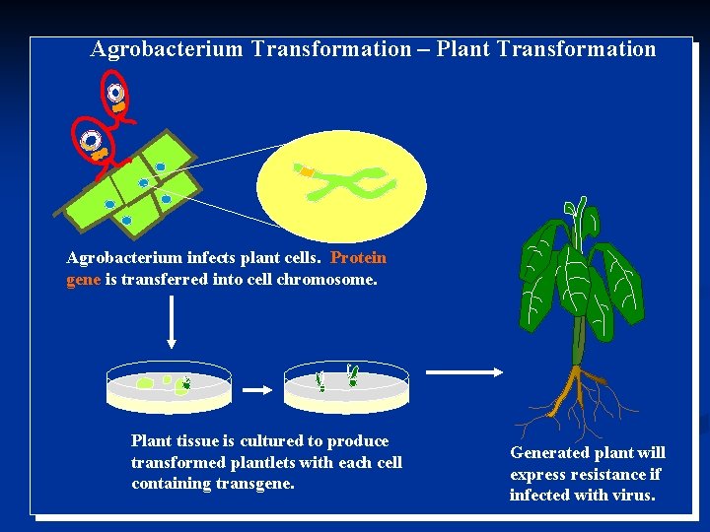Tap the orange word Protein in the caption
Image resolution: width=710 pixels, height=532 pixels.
click(358, 258)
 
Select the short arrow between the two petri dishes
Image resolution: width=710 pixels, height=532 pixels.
click(256, 390)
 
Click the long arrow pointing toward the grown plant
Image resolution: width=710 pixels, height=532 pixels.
click(464, 372)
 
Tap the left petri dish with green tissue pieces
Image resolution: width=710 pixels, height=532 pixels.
click(169, 386)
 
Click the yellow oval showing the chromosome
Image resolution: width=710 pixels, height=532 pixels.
click(341, 185)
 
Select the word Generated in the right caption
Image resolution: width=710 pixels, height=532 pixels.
click(547, 453)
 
